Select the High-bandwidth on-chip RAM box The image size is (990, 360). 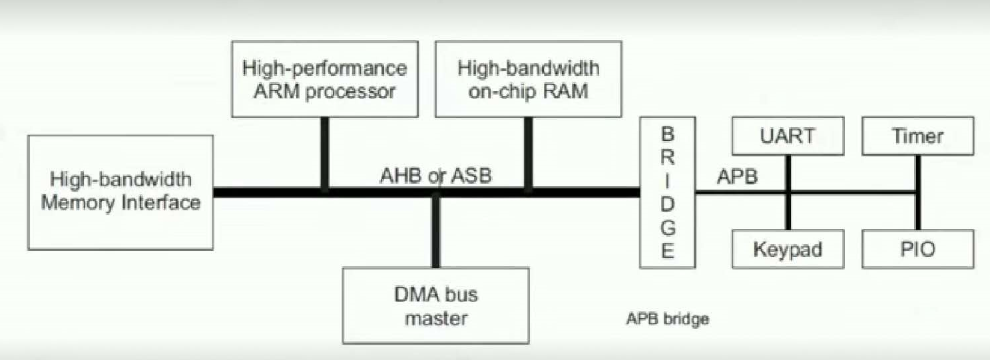coord(529,79)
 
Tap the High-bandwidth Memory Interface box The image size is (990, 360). coord(121,192)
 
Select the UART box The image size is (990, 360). coord(788,137)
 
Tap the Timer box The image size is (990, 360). coord(917,137)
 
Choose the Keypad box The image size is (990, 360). coord(788,250)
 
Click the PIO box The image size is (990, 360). coord(917,250)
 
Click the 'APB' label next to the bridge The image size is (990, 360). coord(736,178)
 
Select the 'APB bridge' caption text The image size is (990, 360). coord(667,319)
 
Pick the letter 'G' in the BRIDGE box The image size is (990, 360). coord(668,228)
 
